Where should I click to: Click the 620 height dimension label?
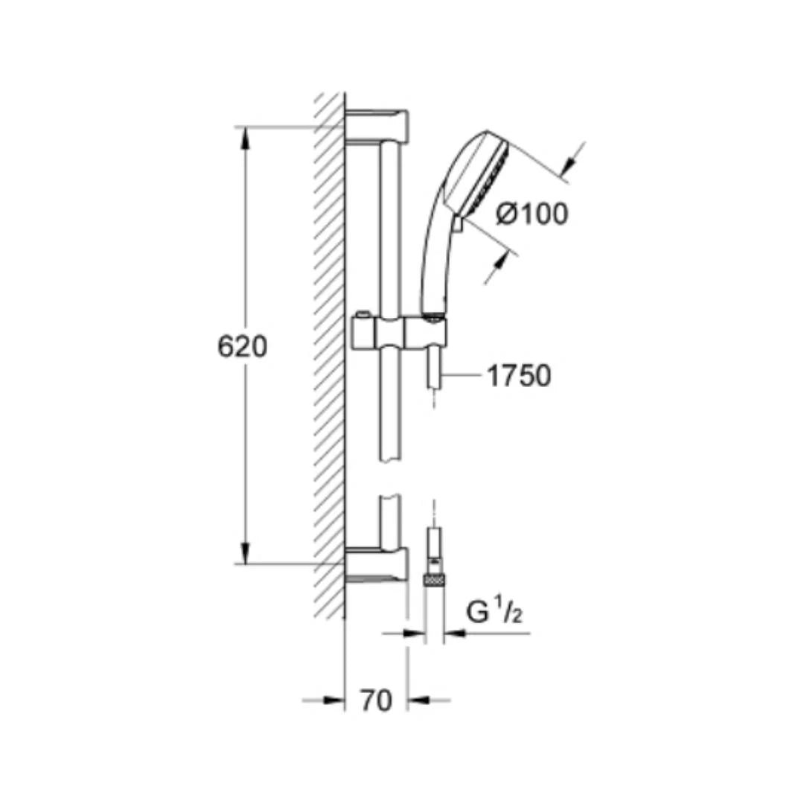[242, 347]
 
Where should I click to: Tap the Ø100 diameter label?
[532, 214]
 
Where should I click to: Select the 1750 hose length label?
[519, 375]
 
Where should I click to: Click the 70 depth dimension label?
[376, 700]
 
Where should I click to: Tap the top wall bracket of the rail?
[377, 127]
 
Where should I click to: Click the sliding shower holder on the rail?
[400, 331]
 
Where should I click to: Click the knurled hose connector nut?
[434, 581]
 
